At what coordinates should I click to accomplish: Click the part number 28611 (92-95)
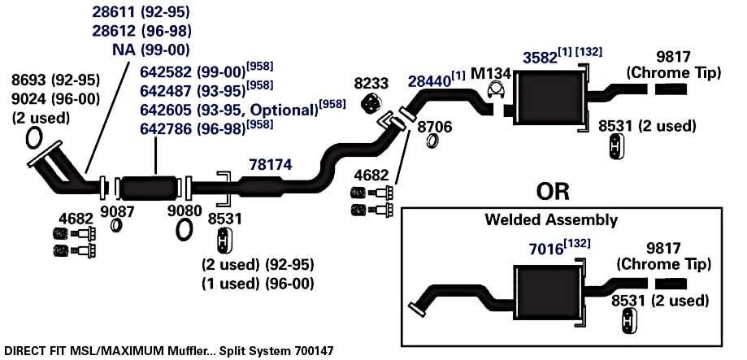(141, 12)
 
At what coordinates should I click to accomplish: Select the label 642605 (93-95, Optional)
(228, 110)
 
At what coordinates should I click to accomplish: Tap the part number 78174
(271, 165)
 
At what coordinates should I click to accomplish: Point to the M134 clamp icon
(497, 89)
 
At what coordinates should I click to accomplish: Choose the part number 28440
(429, 81)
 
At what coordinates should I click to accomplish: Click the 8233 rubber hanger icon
(371, 103)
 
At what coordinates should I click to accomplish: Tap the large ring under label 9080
(184, 230)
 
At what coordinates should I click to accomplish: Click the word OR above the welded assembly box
(553, 191)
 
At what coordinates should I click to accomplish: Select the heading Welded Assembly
(551, 220)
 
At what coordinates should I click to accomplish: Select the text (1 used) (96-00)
(258, 284)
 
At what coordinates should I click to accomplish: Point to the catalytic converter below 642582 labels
(149, 188)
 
